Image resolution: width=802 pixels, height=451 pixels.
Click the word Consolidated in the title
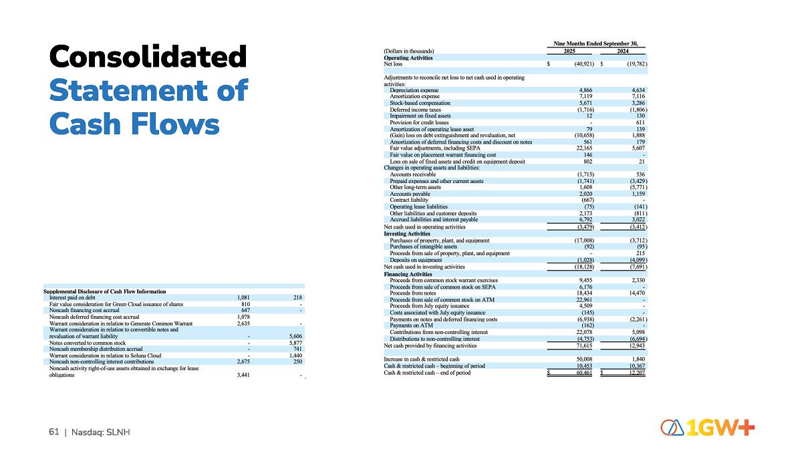(148, 56)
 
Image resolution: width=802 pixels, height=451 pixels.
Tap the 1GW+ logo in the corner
(708, 428)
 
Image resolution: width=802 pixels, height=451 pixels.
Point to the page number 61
(53, 433)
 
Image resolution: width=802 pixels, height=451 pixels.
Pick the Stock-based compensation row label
(420, 103)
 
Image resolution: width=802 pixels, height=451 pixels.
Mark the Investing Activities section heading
(406, 234)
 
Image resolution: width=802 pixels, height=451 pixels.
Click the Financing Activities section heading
(408, 274)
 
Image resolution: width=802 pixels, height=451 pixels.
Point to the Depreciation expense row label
(414, 90)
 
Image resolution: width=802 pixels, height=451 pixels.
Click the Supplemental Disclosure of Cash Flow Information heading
(104, 291)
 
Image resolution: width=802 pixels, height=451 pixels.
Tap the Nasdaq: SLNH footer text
(100, 433)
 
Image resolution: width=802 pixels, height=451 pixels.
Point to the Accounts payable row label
(409, 194)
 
